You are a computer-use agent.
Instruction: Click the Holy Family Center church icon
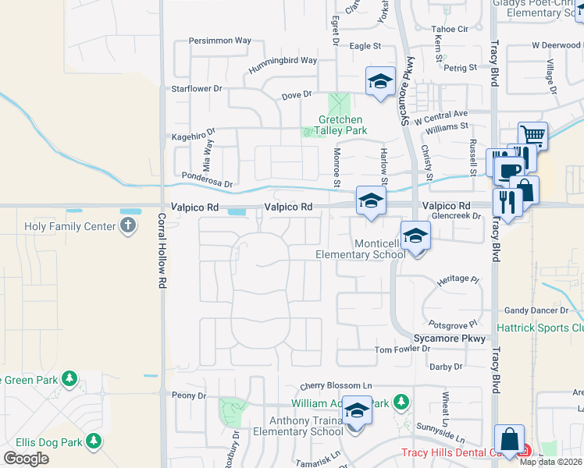point(129,227)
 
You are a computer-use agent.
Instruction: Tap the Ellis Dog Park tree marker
point(94,442)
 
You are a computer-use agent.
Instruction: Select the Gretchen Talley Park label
point(342,126)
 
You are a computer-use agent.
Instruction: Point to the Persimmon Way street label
point(222,41)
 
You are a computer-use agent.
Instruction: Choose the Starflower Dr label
point(197,89)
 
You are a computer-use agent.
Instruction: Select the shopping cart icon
point(532,136)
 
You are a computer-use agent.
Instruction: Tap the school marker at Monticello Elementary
point(416,235)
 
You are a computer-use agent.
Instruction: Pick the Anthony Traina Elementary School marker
point(357,410)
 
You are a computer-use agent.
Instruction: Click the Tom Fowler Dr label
point(402,349)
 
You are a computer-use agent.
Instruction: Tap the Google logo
point(26,459)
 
